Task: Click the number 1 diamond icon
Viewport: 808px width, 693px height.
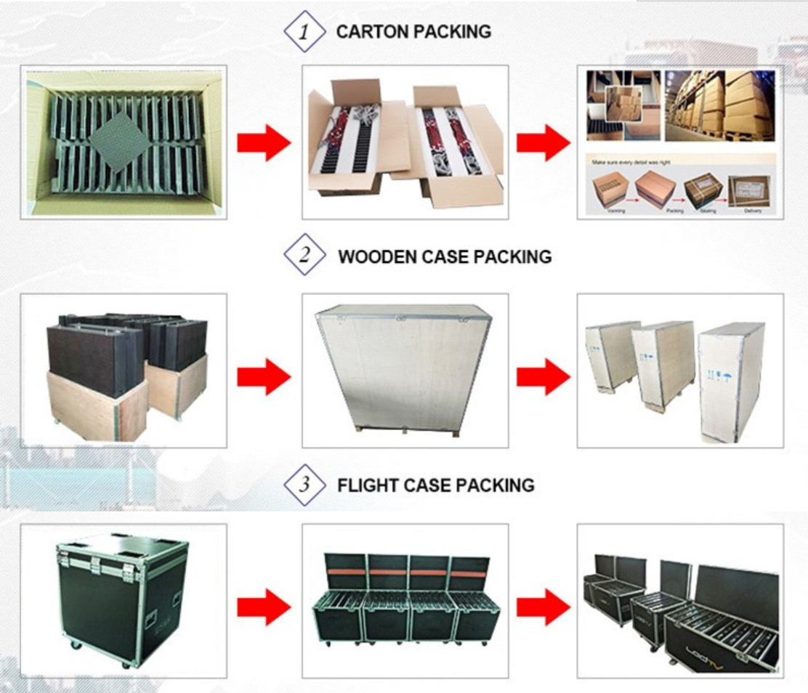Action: coord(306,31)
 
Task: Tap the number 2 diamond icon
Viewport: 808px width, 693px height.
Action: coord(306,256)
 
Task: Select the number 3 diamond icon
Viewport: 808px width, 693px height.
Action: coord(306,485)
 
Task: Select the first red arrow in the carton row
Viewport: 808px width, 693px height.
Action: coord(264,142)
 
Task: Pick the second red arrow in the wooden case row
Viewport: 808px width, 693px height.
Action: coord(543,377)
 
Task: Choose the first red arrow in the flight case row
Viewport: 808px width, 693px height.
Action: coord(264,607)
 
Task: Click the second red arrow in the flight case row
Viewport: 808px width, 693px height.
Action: coord(543,607)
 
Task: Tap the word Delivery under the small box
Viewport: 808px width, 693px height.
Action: coord(754,211)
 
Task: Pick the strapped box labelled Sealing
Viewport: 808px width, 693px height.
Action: coord(703,190)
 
